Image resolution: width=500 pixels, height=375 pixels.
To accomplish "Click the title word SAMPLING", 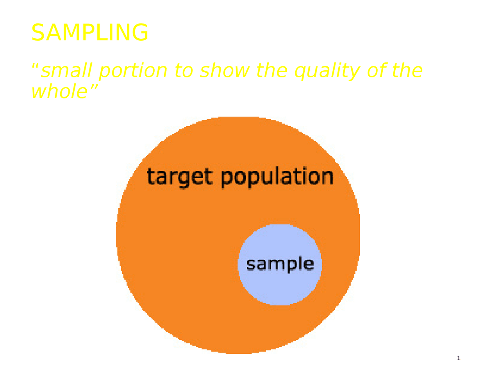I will pyautogui.click(x=90, y=32).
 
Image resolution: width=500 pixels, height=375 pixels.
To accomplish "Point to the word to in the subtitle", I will pyautogui.click(x=184, y=71).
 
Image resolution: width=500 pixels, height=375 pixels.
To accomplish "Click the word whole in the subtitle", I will pyautogui.click(x=59, y=91).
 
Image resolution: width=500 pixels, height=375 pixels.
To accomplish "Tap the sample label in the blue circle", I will pyautogui.click(x=280, y=264).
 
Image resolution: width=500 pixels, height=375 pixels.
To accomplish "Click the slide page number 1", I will pyautogui.click(x=459, y=358).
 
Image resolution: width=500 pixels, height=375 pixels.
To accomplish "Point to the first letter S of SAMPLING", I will pyautogui.click(x=37, y=32).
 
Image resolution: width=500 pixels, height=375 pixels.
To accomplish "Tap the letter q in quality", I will pyautogui.click(x=300, y=72).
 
